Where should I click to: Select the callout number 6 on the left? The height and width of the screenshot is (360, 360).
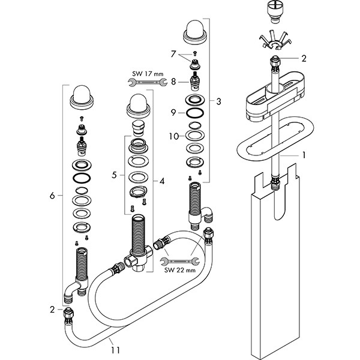tap(53, 196)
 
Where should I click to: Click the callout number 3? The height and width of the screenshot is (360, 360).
tap(219, 101)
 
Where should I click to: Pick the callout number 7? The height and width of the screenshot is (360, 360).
tap(173, 55)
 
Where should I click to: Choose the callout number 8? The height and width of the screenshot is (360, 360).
tap(173, 80)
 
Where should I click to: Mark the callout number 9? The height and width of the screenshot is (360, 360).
tap(173, 112)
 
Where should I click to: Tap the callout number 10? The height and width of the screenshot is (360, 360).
tap(173, 136)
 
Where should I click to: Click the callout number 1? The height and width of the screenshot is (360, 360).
tap(305, 154)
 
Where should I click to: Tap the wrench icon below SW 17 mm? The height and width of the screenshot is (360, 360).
tap(147, 83)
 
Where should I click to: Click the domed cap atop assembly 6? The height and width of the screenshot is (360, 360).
tap(80, 95)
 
